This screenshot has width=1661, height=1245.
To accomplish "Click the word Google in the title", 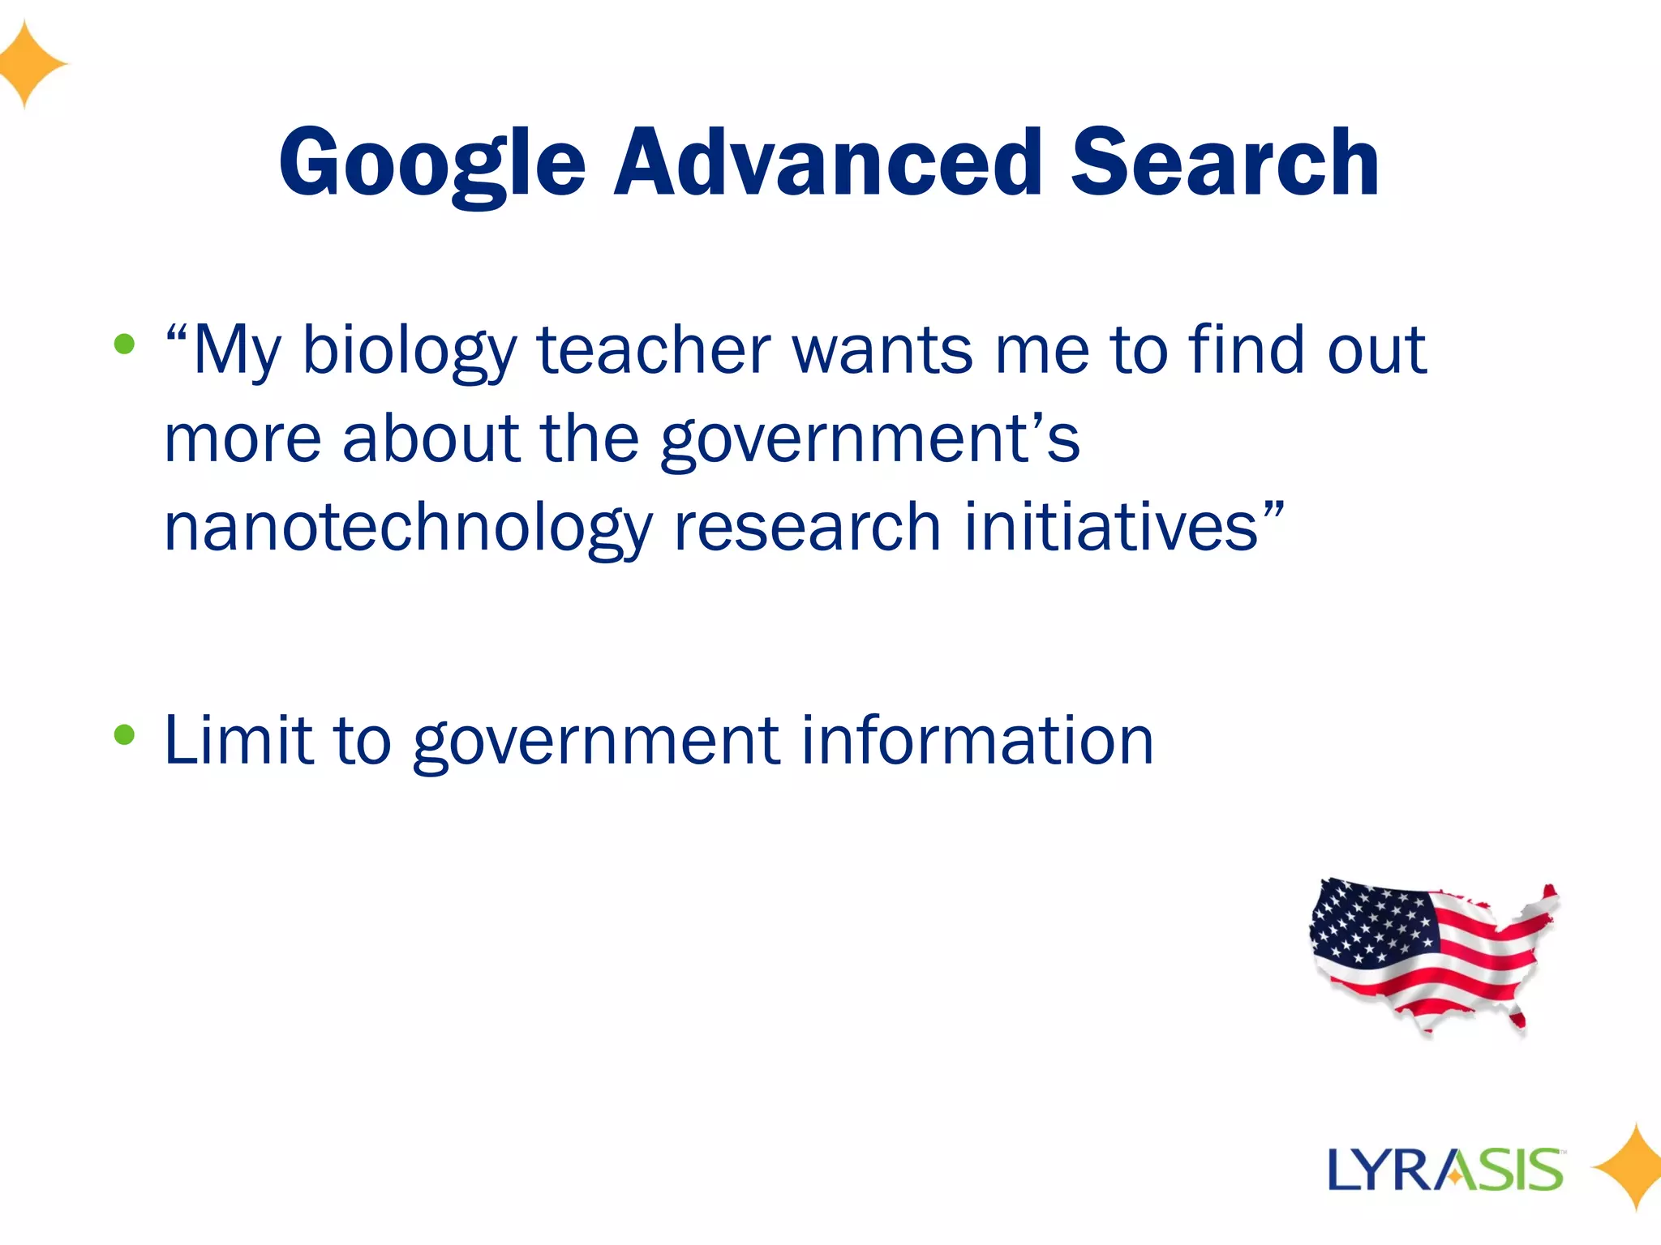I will point(432,164).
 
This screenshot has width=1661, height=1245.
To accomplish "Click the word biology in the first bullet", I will point(409,350).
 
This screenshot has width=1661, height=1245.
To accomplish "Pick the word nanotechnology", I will point(408,528).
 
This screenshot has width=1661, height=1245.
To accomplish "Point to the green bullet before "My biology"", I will point(124,344).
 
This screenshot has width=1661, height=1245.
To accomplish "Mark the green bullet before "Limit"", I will point(124,734).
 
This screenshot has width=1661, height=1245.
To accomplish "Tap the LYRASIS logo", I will point(1445,1170).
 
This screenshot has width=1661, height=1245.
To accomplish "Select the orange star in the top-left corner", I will point(29,63).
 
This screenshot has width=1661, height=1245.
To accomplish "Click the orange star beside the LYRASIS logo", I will point(1629,1167).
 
